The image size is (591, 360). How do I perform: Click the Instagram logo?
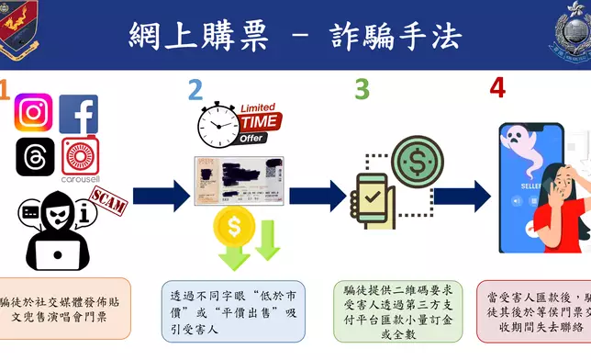coord(34,114)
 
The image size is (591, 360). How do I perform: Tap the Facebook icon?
coord(79,114)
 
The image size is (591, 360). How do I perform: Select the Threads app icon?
coord(34,156)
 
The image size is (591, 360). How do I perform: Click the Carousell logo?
coord(80,156)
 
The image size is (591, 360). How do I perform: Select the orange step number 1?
coord(5,89)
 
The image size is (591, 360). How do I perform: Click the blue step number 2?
coord(195,89)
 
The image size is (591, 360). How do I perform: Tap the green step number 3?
coord(362,89)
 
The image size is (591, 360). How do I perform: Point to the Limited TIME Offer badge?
coord(260,123)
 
